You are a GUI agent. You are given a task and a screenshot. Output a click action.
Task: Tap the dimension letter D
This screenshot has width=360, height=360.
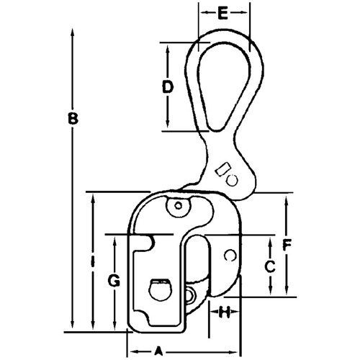coord(167,88)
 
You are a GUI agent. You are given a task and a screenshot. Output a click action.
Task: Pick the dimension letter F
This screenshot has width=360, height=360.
coord(287,244)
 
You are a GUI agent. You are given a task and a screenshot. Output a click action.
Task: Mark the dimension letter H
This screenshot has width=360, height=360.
coord(225,312)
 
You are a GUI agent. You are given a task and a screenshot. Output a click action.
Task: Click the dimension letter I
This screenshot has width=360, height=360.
coord(93,264)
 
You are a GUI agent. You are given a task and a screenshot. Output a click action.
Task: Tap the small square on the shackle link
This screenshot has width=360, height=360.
coord(223,172)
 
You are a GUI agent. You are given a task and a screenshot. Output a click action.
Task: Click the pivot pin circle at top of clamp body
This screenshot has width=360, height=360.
coord(176,207)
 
